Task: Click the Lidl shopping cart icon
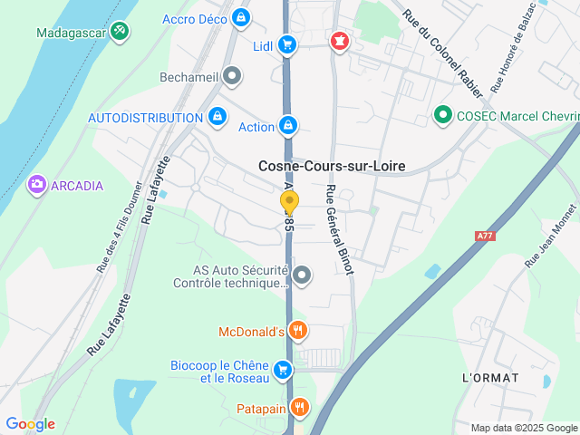pos(287,44)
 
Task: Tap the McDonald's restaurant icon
pos(297,331)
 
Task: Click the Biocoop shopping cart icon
pos(284,369)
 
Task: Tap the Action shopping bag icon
pos(288,125)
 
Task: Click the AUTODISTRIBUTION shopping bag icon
pos(217,117)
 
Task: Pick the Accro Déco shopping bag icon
pos(240,17)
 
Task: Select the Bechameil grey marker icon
pos(233,76)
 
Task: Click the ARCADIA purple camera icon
pos(37,185)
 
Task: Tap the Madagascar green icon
pos(120,32)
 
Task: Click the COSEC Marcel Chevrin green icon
pos(442,114)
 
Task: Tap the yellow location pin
pos(288,202)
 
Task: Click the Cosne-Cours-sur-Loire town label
pos(332,166)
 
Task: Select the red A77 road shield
pos(485,236)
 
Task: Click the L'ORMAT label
pos(490,377)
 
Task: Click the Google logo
pos(30,424)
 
